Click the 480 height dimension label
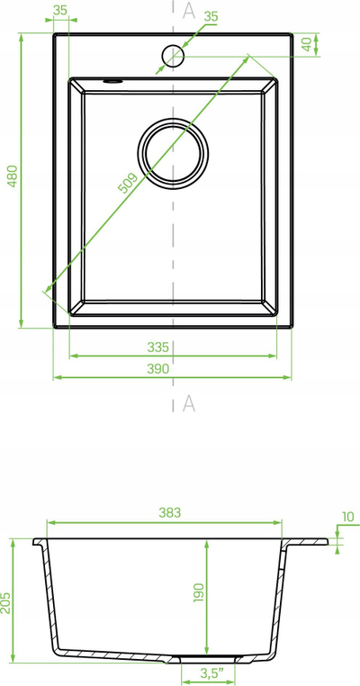[x=13, y=176]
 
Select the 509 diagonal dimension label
[x=128, y=184]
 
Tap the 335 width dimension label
[x=157, y=348]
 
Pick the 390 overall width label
[x=157, y=369]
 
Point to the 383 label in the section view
[x=170, y=513]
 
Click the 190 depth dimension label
[x=199, y=592]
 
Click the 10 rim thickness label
[x=348, y=517]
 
